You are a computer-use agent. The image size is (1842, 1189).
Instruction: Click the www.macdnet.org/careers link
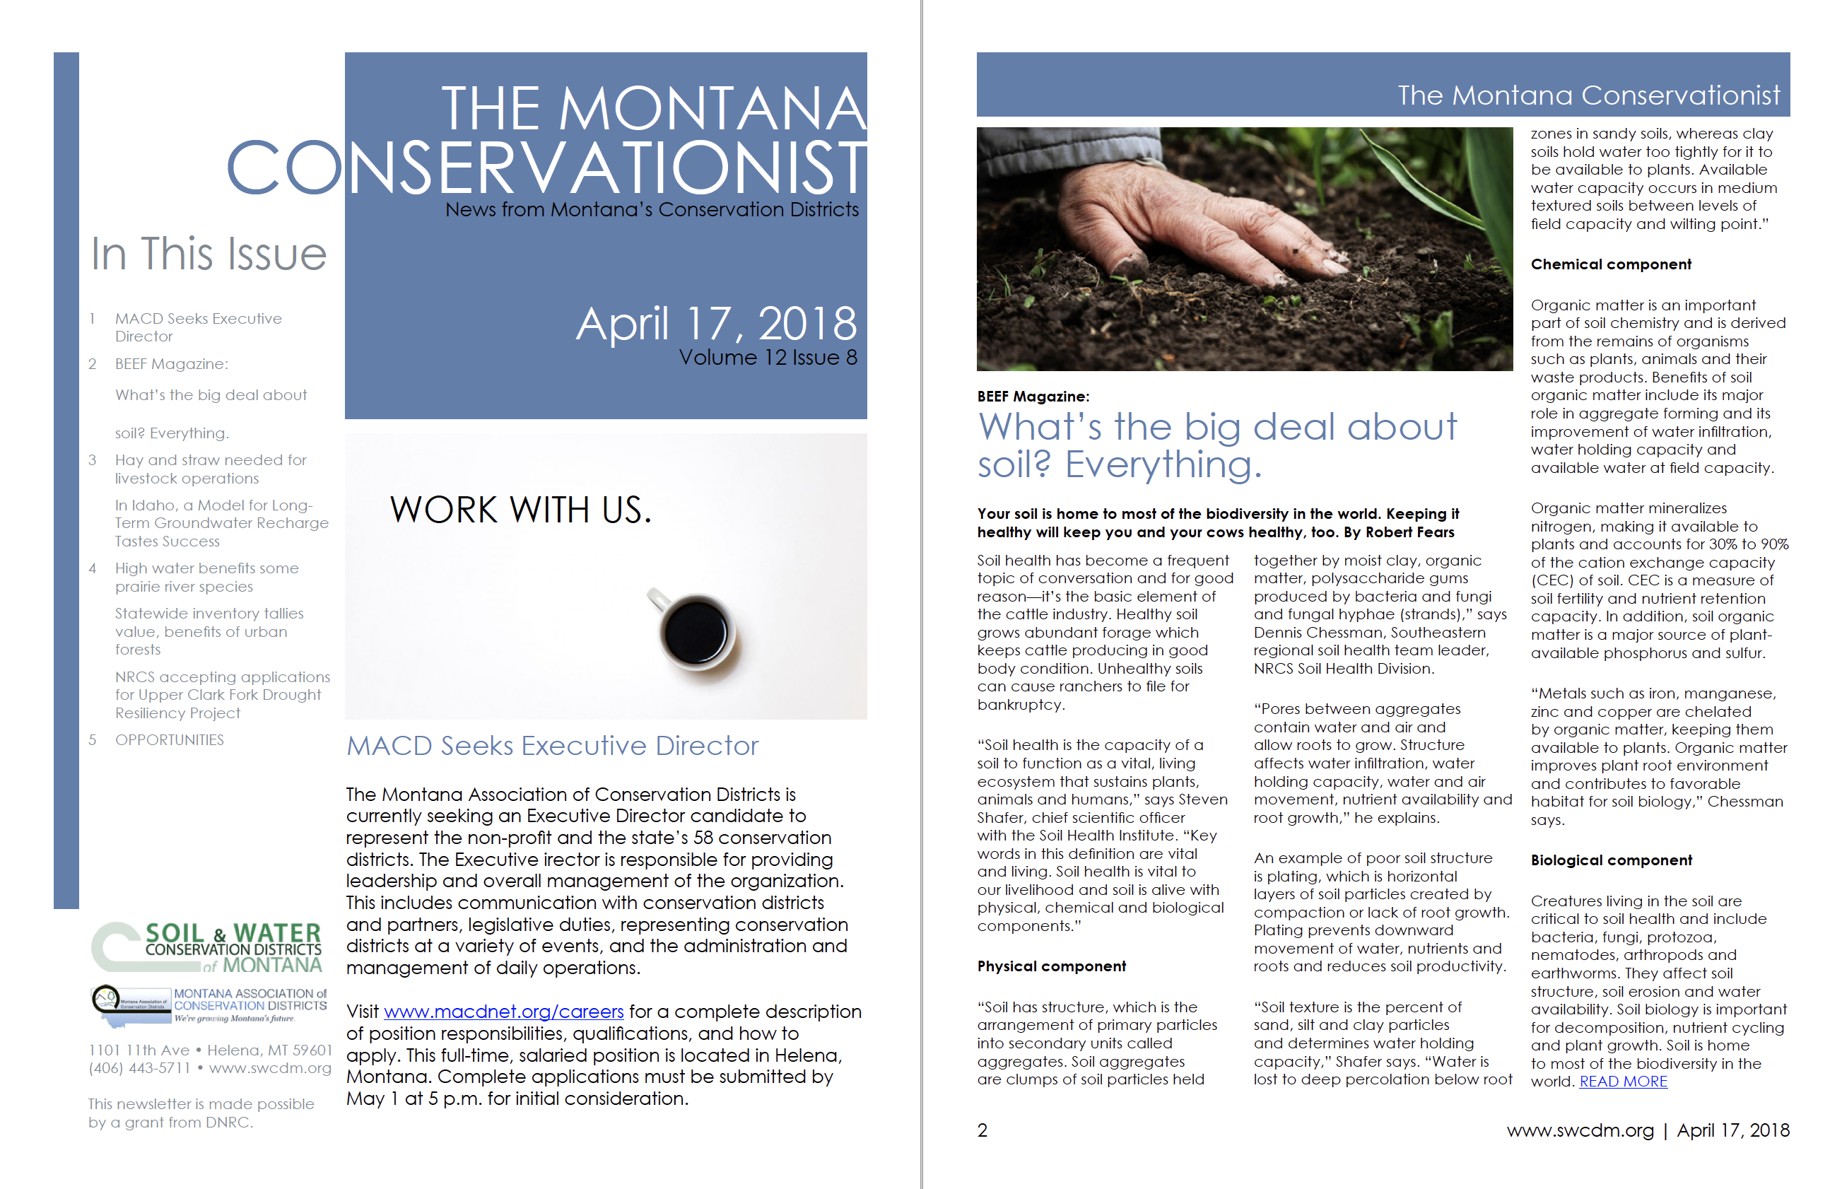pos(503,1012)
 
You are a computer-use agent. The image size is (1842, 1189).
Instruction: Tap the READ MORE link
pos(1623,1082)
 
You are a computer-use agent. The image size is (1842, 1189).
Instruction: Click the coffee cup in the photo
pos(695,631)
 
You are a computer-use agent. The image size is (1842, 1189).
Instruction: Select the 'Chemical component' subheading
pos(1610,264)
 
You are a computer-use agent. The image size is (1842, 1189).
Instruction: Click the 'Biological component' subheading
pos(1611,860)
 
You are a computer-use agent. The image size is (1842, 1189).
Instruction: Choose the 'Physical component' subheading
pos(1050,966)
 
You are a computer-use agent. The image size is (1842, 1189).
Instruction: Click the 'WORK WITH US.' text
pos(520,510)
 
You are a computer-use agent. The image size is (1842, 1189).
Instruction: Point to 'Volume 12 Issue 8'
pos(768,358)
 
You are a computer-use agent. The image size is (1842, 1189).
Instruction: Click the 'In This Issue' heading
pos(209,254)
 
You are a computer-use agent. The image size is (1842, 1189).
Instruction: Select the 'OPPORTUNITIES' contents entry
pos(169,739)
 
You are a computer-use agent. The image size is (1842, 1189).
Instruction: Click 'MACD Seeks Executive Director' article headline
pos(552,746)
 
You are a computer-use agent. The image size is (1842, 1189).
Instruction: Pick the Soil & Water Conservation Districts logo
pos(207,947)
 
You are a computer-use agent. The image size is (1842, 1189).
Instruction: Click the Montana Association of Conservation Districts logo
pos(209,1005)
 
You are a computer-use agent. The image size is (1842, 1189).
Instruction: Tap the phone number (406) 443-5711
pos(139,1069)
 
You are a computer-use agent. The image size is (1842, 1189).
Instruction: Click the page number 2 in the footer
pos(982,1130)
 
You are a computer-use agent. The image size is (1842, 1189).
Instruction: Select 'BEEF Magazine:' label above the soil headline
pos(1033,396)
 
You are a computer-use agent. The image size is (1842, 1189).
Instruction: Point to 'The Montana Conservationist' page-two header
pos(1588,95)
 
